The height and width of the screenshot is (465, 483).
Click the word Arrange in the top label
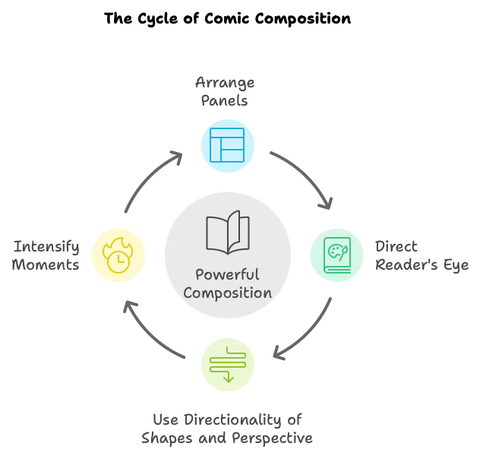coord(225,82)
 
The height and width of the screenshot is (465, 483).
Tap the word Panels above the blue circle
coord(225,100)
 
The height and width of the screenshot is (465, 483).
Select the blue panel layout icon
coord(227,145)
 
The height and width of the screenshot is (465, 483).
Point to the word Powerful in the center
coord(227,274)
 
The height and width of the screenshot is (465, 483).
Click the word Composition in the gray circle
coord(227,293)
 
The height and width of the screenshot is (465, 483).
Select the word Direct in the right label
coord(396,247)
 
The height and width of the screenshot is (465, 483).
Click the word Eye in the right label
coord(455,265)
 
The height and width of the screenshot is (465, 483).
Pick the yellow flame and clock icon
coord(118,255)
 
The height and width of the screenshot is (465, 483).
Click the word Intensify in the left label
coord(46,247)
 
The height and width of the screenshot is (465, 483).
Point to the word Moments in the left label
coord(46,265)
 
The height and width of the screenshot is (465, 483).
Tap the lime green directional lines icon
coord(227,364)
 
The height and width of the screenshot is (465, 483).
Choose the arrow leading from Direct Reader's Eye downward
coord(308,334)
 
